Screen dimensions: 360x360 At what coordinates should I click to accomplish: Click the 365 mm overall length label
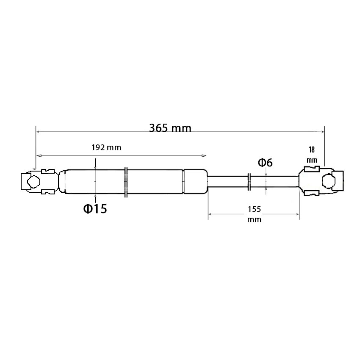click(170, 128)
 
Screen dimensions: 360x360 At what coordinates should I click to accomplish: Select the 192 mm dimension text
click(106, 147)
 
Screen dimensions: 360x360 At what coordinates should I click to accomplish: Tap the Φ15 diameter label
click(95, 209)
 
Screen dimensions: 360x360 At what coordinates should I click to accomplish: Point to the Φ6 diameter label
click(265, 163)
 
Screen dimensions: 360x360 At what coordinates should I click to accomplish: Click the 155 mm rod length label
click(255, 214)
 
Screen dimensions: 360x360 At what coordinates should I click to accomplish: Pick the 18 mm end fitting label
click(312, 155)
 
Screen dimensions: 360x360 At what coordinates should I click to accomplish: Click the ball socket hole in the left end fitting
click(34, 182)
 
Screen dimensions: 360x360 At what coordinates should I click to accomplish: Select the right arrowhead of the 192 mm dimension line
click(204, 156)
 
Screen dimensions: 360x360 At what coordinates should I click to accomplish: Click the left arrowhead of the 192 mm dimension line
click(39, 156)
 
